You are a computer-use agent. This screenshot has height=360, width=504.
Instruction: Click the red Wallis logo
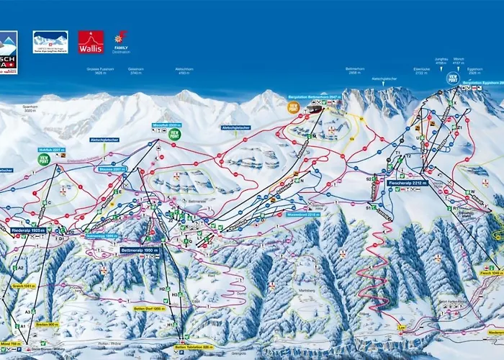coord(91,42)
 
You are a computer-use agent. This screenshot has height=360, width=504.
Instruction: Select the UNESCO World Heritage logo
coord(50,42)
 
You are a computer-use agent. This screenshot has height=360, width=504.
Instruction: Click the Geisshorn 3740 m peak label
coord(136,72)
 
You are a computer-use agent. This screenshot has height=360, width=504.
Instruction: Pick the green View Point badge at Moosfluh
coord(175,134)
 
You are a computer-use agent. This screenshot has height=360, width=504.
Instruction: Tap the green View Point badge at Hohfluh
coord(44,160)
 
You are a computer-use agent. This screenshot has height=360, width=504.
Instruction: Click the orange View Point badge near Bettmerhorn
coord(293,107)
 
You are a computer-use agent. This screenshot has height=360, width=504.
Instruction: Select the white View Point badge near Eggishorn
coord(453,78)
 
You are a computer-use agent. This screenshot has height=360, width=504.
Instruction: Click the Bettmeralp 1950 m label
coord(139,250)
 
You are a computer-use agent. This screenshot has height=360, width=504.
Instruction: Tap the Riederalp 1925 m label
coord(29,230)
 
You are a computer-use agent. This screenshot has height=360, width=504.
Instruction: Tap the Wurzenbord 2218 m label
coord(302,215)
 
